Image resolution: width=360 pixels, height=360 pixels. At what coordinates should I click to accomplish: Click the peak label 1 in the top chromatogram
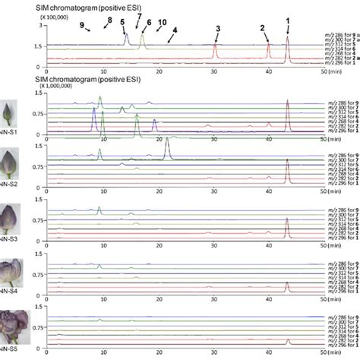(x=287, y=19)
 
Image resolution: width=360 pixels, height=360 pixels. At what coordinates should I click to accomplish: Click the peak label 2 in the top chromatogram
(x=262, y=28)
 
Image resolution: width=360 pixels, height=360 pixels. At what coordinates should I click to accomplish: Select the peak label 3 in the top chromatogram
(x=217, y=29)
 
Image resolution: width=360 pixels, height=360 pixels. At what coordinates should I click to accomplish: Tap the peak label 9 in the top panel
(x=81, y=26)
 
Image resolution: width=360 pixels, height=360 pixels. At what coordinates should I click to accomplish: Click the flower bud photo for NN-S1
(x=14, y=113)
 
